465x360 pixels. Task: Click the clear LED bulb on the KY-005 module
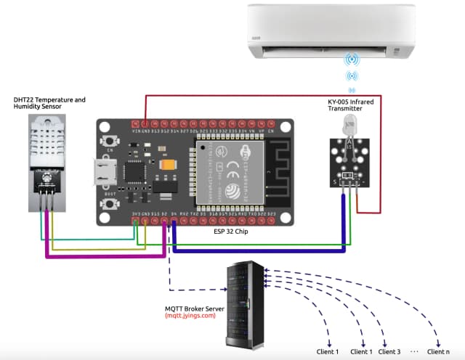pyautogui.click(x=349, y=126)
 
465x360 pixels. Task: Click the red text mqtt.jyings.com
pyautogui.click(x=190, y=316)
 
